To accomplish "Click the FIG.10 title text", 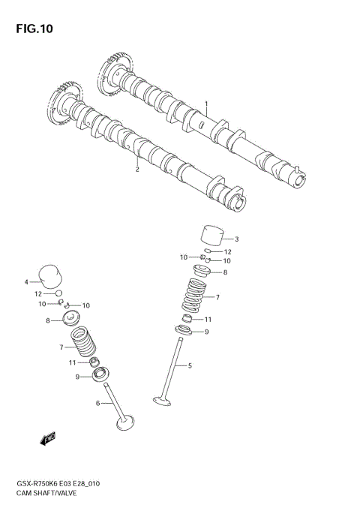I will click(x=32, y=29).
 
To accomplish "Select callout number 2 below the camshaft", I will click(x=137, y=170).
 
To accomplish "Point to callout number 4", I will click(x=25, y=282).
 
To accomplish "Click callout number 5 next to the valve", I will click(x=190, y=366).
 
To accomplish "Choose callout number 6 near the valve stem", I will click(x=98, y=404).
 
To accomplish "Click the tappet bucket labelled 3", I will click(x=212, y=235).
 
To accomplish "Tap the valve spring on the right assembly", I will click(x=197, y=297).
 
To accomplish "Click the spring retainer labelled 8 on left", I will click(x=73, y=320).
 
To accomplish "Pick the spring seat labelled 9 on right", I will click(x=184, y=332).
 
